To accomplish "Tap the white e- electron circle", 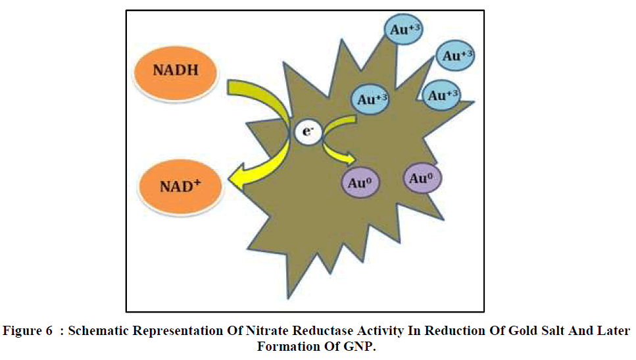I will pyautogui.click(x=306, y=132).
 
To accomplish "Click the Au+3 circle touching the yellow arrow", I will pyautogui.click(x=372, y=100).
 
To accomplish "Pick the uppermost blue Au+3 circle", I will pyautogui.click(x=403, y=30).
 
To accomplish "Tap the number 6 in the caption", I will pyautogui.click(x=49, y=331).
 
